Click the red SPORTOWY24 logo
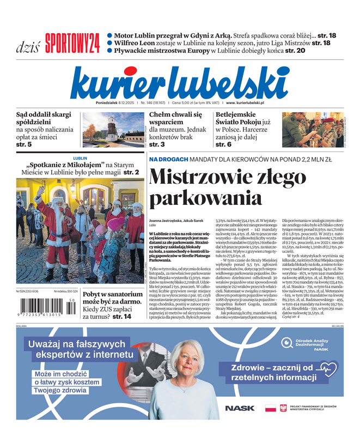(x=73, y=43)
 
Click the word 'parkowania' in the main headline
(x=205, y=198)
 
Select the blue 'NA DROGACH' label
(x=169, y=159)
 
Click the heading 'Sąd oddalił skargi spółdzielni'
(x=45, y=119)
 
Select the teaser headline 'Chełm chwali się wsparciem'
(x=175, y=119)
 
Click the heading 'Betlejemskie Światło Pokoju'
(x=243, y=119)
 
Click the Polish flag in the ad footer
(x=270, y=408)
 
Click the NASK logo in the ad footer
(x=240, y=408)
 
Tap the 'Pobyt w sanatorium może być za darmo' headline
(x=112, y=299)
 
